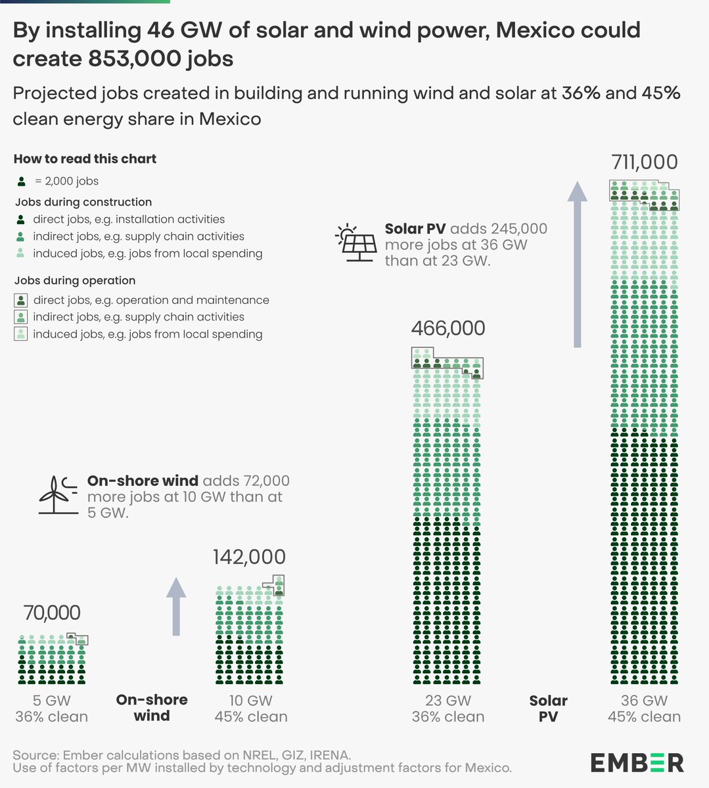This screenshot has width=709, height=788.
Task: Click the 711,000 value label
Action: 644,162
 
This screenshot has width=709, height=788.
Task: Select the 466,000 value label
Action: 447,328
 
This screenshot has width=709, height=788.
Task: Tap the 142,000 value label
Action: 249,557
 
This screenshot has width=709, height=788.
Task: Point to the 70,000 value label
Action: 52,613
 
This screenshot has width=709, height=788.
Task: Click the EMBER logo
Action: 636,762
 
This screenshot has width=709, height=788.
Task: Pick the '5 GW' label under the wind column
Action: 52,701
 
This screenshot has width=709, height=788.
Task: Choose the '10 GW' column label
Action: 250,701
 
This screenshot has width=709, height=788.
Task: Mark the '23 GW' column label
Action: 447,701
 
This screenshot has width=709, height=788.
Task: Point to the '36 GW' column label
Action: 644,701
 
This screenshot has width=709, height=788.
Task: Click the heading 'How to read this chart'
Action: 85,159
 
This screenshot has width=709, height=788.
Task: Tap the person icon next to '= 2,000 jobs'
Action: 22,181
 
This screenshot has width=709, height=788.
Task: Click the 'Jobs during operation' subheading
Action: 75,280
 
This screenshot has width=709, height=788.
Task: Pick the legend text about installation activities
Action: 129,219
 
